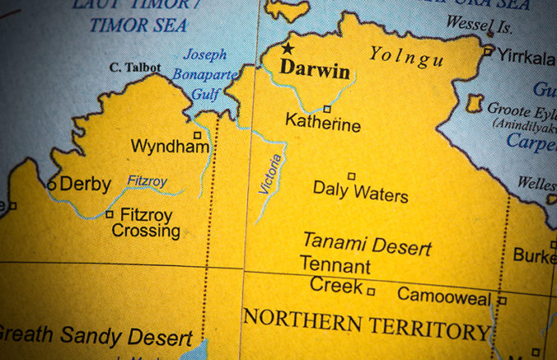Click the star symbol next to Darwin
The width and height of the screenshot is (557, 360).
[287, 49]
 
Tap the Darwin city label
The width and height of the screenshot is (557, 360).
[315, 70]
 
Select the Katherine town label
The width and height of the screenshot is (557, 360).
[322, 125]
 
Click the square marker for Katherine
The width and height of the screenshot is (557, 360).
[327, 109]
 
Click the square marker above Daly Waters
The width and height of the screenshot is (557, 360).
[352, 176]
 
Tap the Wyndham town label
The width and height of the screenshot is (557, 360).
[170, 147]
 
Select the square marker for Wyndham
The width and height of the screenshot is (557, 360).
[197, 135]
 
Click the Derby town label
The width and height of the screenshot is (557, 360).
[85, 184]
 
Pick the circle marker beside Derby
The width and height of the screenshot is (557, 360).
[52, 185]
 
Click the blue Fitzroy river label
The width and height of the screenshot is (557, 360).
[147, 181]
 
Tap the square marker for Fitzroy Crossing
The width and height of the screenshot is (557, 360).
[110, 214]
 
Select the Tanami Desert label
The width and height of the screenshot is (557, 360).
[366, 244]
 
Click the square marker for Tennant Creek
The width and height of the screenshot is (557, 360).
[371, 290]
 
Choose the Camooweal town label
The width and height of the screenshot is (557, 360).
[444, 295]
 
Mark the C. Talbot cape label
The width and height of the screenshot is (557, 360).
[136, 67]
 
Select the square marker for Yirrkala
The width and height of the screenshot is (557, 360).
[487, 51]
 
